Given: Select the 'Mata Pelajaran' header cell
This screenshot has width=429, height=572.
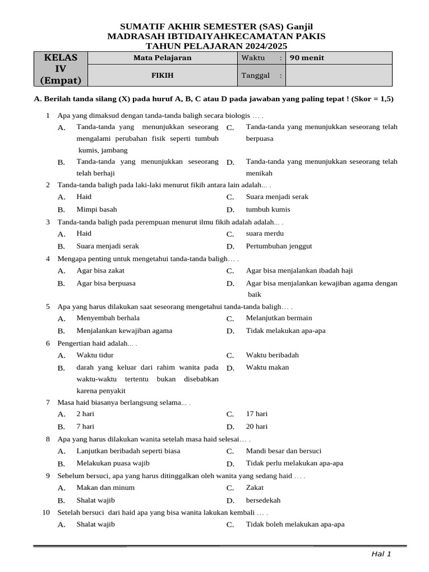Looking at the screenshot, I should pyautogui.click(x=163, y=58).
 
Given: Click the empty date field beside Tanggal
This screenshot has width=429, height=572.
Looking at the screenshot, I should pyautogui.click(x=339, y=75).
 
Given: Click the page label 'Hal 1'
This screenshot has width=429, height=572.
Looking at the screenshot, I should pyautogui.click(x=382, y=554).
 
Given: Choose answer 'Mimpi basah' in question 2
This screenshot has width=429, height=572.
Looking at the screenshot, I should pyautogui.click(x=97, y=209).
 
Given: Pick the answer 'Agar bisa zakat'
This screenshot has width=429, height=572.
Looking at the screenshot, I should pyautogui.click(x=101, y=270).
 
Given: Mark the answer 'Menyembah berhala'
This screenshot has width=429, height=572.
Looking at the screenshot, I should pyautogui.click(x=108, y=318).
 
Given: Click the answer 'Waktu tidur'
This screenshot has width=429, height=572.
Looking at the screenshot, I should pyautogui.click(x=95, y=355).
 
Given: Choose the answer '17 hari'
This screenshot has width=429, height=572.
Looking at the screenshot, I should pyautogui.click(x=257, y=414).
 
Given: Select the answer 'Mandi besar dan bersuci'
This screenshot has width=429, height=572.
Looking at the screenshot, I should pyautogui.click(x=284, y=451).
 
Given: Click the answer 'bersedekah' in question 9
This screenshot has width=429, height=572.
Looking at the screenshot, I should pyautogui.click(x=263, y=500).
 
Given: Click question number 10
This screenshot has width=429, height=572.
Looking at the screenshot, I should pyautogui.click(x=46, y=512).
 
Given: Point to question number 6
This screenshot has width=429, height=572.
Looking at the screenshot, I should pyautogui.click(x=48, y=343).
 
